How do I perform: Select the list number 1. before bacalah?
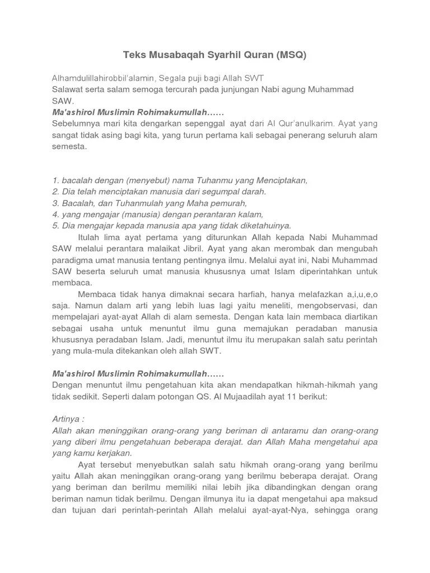[55, 180]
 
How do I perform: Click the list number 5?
[55, 226]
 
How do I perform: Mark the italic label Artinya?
[68, 419]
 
